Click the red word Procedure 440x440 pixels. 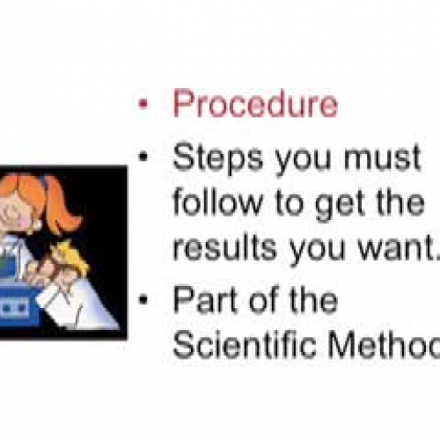coord(255,104)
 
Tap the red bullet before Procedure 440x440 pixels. coord(142,105)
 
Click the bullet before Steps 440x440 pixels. coord(142,159)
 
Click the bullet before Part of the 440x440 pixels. coord(142,301)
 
